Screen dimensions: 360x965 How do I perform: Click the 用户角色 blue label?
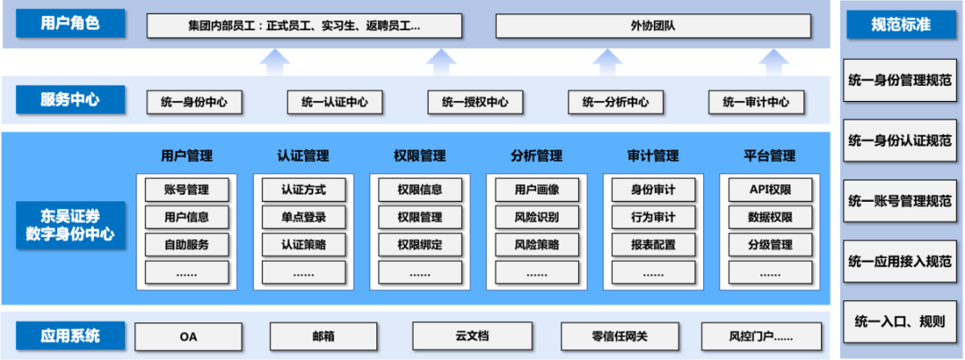pos(70,24)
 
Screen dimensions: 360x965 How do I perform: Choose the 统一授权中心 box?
pos(474,102)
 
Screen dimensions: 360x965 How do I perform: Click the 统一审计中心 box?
pos(756,102)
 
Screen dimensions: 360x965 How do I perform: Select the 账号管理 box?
pos(187,189)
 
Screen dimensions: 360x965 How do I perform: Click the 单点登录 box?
pos(304,217)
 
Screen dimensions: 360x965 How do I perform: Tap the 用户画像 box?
pos(536,189)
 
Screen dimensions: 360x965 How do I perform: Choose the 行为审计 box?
pos(653,217)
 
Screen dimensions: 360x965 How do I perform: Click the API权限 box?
pos(769,189)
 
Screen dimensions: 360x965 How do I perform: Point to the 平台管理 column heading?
pos(769,155)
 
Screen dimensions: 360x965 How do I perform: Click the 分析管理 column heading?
pos(536,155)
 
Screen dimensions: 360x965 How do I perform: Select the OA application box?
pos(188,337)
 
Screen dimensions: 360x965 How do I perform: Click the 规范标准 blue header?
pos(901,24)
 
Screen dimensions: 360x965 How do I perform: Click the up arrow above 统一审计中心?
pos(770,63)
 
